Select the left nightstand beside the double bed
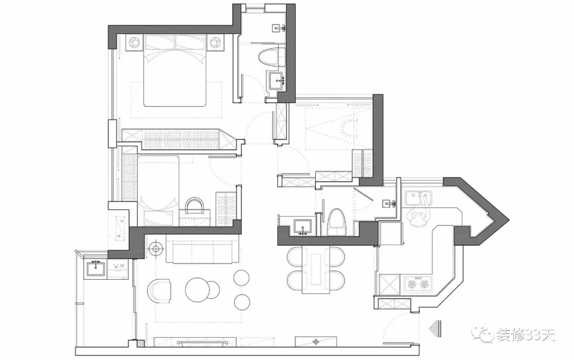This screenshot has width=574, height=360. pos(134,41)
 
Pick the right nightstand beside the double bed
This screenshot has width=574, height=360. pos(215,41)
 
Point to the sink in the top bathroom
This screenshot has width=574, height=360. pos(277,81)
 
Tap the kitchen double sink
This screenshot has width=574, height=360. pos(418,198)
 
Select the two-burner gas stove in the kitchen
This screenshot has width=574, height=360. pos(417,284)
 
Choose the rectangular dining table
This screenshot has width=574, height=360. pos(316,270)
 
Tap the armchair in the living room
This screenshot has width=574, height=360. pos(159,291)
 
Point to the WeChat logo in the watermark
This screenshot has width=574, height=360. pos(485,334)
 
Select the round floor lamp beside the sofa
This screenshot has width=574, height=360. pos(156,248)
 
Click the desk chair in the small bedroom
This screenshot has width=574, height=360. pos(195,206)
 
